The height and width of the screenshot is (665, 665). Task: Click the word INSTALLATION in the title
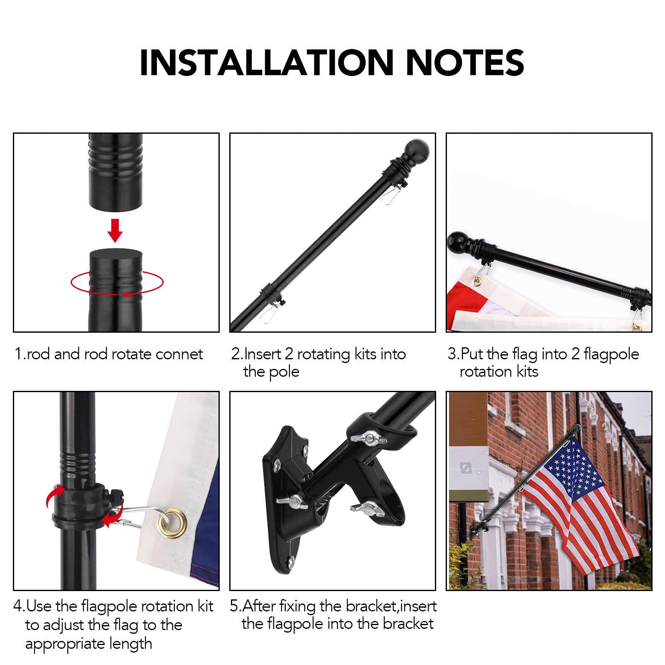(267, 63)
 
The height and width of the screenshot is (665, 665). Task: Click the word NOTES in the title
(465, 63)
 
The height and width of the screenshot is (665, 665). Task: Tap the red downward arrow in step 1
(115, 231)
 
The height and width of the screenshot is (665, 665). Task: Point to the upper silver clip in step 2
(392, 194)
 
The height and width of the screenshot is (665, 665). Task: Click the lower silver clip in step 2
(270, 312)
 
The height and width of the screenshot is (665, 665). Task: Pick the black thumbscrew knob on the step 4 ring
(116, 496)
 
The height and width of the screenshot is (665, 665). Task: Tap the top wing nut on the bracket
(368, 438)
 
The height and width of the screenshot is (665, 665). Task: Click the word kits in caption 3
(528, 371)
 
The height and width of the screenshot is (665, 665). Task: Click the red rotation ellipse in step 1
(117, 283)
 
